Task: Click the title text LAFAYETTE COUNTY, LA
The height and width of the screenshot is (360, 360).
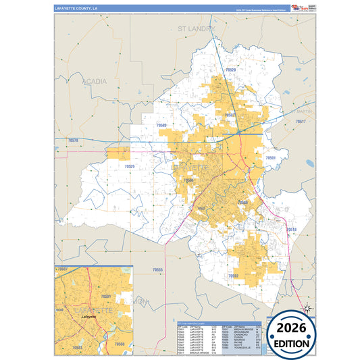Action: pos(76,8)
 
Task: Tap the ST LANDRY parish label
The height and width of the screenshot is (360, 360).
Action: pos(196,29)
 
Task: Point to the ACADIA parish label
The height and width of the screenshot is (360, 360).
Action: pos(94,81)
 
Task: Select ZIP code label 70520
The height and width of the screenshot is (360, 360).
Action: pos(231,70)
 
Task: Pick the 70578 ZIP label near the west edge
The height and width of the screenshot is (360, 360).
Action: pos(73,140)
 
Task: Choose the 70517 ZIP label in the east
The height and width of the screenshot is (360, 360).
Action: pos(300,121)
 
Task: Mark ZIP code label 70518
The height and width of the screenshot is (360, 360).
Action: pos(291,230)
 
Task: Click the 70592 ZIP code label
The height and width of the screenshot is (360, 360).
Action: pos(234,276)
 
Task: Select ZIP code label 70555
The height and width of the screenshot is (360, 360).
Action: pos(158,269)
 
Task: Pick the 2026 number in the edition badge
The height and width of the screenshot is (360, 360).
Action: pos(291,328)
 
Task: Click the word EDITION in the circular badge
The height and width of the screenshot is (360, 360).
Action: pos(291,343)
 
